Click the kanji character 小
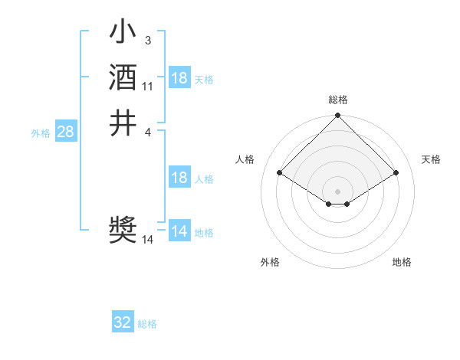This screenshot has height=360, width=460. click(123, 34)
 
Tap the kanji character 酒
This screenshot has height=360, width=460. click(123, 78)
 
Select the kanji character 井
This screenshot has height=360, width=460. click(123, 122)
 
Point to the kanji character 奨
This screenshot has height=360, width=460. click(123, 230)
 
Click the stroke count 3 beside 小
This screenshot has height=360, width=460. click(147, 41)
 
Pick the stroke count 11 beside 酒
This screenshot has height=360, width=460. click(148, 86)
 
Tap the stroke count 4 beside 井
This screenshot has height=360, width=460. click(147, 131)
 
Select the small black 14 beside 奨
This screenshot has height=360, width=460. click(148, 240)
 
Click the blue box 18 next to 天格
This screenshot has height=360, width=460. click(179, 78)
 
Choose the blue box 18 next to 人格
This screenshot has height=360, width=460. click(179, 178)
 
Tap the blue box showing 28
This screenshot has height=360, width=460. click(66, 132)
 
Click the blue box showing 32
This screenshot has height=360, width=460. click(123, 322)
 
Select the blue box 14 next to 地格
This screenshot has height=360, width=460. click(179, 231)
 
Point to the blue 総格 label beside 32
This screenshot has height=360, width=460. click(147, 324)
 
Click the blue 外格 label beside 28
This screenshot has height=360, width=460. click(41, 133)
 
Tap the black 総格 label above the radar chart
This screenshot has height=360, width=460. click(338, 100)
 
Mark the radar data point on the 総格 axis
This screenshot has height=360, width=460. click(338, 116)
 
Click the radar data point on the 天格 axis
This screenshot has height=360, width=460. click(396, 173)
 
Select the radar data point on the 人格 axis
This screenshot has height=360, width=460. click(280, 173)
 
